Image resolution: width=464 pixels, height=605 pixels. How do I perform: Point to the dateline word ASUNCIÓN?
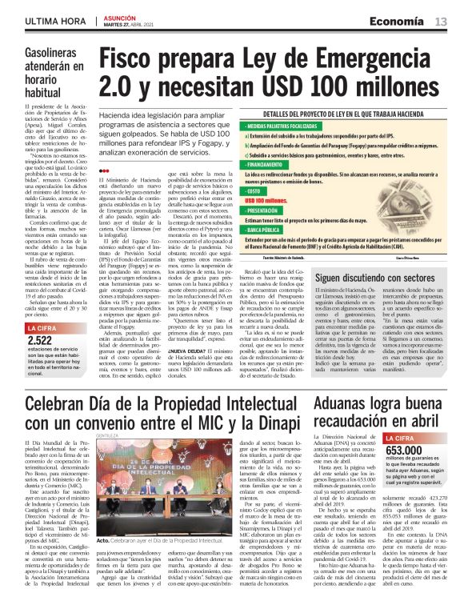coord(121,15)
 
